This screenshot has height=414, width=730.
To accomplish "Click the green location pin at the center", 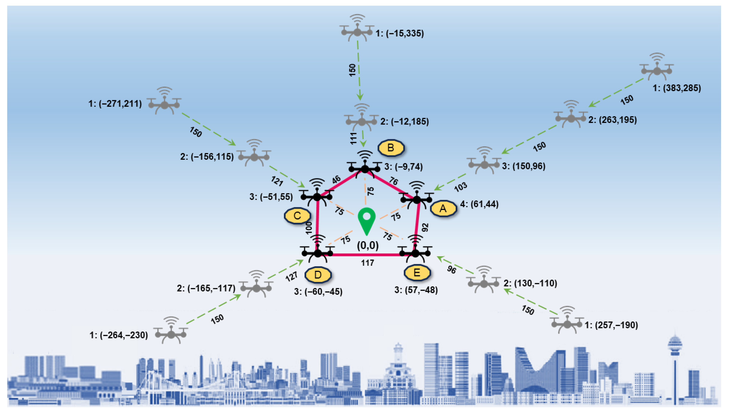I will coord(367,220).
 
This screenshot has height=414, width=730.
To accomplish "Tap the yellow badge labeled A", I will coord(443,209).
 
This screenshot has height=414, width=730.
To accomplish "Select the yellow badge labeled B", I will coord(391,148).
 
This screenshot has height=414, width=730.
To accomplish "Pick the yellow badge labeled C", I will coord(297,216).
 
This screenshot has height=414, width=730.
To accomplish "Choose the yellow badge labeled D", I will coord(318,275).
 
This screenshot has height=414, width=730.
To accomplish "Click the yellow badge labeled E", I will coord(417,273).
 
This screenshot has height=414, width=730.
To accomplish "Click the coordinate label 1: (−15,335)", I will coord(399,33).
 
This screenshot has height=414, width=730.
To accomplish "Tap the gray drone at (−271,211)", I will coord(165,103).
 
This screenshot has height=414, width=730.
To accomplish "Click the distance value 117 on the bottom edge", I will coord(367,263).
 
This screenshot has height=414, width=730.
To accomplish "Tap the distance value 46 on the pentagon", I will coord(336,180).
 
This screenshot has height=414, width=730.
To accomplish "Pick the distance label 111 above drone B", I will coord(353,138).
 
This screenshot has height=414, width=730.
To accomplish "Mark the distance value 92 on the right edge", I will coord(425,227).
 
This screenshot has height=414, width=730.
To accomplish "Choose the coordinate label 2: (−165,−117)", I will coord(206,288).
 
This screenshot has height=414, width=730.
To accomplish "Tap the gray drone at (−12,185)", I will coord(362,120).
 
